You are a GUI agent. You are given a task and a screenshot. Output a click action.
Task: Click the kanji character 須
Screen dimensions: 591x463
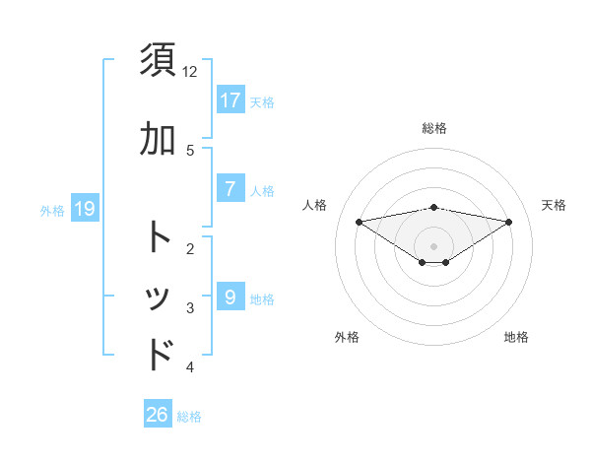160,60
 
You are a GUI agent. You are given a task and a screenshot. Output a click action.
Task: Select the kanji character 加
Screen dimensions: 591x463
160,140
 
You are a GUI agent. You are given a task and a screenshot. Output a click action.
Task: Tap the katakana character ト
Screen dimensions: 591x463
160,237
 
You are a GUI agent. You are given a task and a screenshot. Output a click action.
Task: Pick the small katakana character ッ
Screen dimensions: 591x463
160,299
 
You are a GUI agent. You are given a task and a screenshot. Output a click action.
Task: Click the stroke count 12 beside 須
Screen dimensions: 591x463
190,72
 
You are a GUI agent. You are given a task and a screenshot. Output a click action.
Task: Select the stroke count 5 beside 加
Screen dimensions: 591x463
190,151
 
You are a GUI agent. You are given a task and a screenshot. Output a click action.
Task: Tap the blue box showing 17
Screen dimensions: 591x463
230,100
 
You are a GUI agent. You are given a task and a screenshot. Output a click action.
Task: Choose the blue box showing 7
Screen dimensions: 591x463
230,189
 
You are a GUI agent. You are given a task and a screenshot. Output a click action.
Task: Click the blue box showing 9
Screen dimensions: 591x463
230,296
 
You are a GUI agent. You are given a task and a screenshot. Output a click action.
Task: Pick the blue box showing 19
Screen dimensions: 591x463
84,209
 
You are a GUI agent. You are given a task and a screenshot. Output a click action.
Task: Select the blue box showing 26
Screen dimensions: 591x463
158,415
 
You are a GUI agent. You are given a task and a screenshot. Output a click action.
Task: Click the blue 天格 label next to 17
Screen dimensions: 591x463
262,102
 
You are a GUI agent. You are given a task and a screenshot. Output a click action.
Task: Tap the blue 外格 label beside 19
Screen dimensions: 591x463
52,210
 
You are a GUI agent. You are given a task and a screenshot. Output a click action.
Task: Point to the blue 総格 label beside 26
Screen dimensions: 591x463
189,417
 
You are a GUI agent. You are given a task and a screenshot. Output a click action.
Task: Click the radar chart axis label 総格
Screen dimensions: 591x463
434,128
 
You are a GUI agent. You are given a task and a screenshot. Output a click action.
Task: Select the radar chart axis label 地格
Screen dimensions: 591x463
516,337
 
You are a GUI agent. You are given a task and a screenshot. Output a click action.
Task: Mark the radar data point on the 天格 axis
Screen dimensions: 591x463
509,222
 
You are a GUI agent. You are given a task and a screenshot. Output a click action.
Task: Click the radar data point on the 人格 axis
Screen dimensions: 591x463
359,221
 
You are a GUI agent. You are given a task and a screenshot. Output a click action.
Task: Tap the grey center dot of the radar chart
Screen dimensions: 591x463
434,245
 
